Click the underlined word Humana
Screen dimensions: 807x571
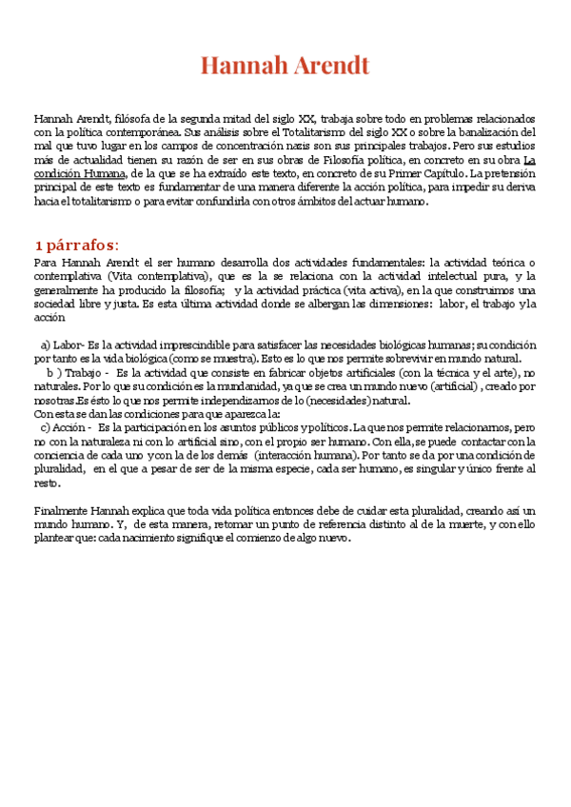coord(100,174)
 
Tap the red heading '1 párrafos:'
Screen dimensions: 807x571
coord(76,245)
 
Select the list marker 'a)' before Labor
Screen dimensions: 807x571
coord(46,344)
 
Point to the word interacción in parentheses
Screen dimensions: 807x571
coord(292,456)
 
